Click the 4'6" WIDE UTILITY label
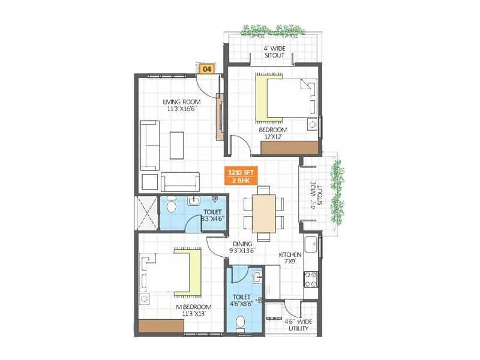(298, 325)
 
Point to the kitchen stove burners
(312, 278)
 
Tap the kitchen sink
(311, 245)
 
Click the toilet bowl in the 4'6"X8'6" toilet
(241, 325)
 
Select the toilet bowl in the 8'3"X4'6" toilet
(171, 209)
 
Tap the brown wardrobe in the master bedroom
(160, 325)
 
